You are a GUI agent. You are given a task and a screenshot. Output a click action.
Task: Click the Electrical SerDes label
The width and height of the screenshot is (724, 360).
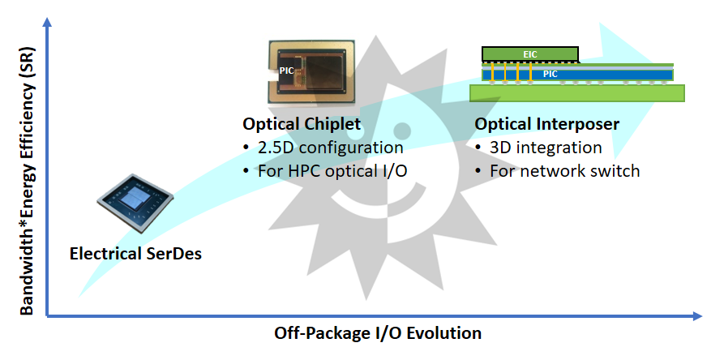135,253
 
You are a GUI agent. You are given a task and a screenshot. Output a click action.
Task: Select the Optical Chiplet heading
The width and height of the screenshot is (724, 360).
302,125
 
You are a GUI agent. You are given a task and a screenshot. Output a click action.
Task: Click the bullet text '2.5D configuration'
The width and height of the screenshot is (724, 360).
329,148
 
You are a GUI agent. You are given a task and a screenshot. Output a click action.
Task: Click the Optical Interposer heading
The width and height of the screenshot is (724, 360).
547,125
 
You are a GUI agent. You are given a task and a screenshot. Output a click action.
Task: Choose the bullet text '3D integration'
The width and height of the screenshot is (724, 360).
545,148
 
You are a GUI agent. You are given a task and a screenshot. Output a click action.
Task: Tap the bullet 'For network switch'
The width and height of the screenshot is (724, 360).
564,171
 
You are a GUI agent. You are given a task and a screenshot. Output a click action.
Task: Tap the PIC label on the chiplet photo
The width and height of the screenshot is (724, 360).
286,71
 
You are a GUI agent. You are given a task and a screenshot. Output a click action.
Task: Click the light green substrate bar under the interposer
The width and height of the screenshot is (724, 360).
577,93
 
